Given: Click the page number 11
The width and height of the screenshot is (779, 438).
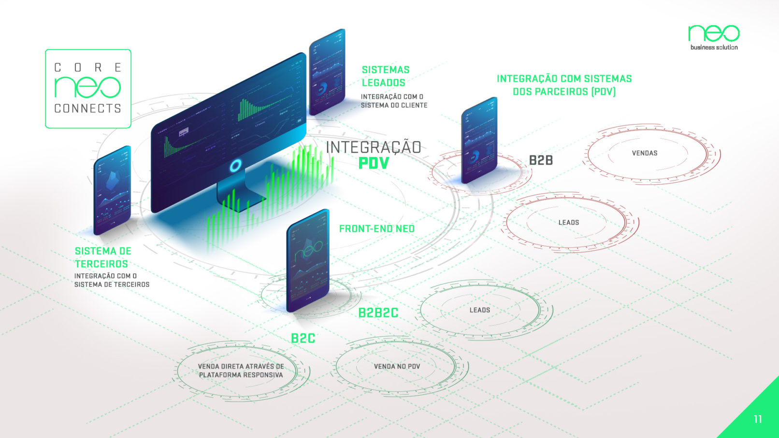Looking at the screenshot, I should point(758,419).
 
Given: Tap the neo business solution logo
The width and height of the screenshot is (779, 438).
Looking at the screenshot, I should point(714,37).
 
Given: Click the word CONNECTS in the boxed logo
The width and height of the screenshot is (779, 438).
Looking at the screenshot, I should point(87,109).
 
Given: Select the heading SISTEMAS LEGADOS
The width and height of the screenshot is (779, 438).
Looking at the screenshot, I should point(385,76).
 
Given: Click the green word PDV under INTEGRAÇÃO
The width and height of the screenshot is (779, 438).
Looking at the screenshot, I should point(374,163).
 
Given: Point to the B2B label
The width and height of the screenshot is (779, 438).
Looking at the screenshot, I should point(541,160).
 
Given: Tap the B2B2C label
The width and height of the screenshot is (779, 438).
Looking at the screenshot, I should point(378,313).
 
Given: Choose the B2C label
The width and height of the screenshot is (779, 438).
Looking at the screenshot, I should point(303,339).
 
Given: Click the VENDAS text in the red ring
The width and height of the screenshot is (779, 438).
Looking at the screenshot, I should point(645,153).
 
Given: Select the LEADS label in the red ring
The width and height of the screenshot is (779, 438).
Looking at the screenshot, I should point(569,223).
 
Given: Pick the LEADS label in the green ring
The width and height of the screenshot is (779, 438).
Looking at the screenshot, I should point(480,310).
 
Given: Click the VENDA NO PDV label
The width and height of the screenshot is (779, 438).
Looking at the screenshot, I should point(397,367).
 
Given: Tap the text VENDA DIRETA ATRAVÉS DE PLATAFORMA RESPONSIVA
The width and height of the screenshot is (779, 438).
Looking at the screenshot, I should point(241,370).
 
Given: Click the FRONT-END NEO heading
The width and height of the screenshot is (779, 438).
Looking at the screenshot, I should point(377,229).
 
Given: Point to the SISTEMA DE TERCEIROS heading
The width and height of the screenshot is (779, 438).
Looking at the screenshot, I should point(102,257).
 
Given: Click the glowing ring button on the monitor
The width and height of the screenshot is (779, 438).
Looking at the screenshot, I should point(235,166).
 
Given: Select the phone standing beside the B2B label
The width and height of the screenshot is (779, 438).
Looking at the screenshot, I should point(479,140).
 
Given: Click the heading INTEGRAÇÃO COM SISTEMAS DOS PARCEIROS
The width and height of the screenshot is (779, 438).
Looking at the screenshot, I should point(564,85).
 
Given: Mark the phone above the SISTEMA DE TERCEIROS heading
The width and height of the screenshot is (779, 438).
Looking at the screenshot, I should point(112,190).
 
